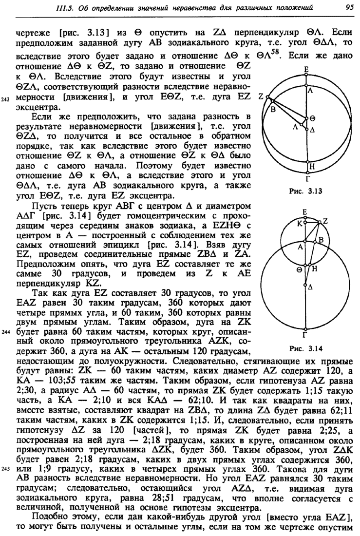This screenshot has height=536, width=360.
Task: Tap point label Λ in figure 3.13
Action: coord(296,127)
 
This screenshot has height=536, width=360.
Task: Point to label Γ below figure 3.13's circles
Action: coord(306,180)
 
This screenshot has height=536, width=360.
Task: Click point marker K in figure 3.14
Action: coord(306,223)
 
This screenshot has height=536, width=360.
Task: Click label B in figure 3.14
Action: coord(321,239)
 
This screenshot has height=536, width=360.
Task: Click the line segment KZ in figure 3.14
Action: coord(313,222)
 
